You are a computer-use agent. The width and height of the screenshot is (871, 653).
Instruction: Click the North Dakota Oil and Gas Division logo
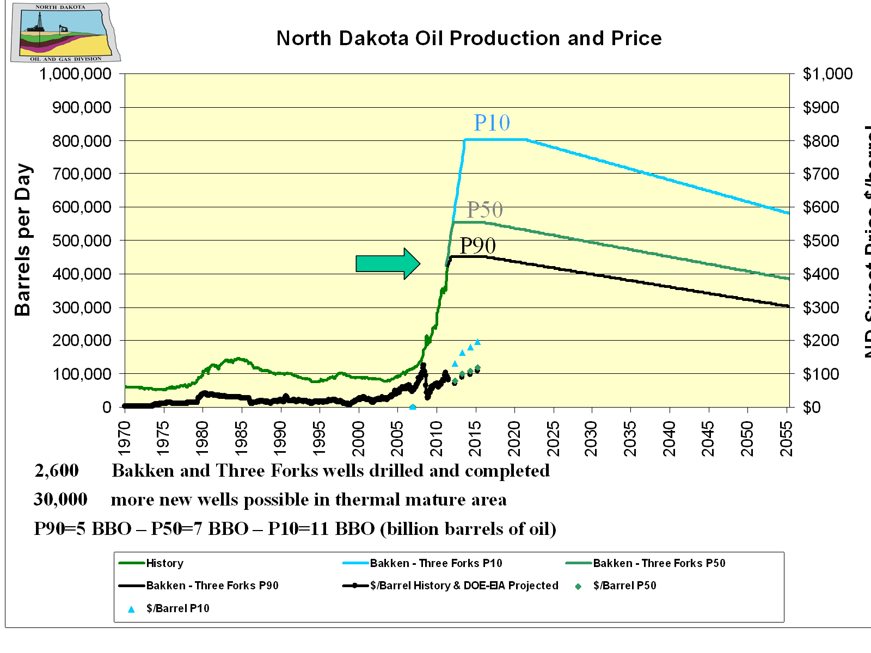pos(64,33)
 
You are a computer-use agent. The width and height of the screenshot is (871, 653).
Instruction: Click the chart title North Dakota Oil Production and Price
pos(469,38)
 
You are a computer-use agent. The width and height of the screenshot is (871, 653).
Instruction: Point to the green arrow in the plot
pos(388,263)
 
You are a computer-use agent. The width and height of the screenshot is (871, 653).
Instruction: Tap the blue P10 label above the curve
pos(492,123)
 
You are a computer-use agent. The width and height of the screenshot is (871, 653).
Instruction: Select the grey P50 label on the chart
pos(484,210)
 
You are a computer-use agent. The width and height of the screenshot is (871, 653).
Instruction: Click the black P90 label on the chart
pos(477,245)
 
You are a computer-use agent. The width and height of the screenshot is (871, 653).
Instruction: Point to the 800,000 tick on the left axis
pos(82,141)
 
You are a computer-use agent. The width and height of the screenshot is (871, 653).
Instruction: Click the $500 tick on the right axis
pos(821,241)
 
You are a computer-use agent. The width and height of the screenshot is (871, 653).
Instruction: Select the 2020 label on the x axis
pos(514,439)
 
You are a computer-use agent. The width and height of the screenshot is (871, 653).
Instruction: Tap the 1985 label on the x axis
pos(241,439)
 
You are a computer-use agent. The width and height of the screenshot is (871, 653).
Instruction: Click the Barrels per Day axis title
pos(23,239)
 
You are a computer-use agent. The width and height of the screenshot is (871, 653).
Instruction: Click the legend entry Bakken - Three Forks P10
pos(436,563)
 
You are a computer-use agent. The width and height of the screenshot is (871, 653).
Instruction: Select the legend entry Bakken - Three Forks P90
pos(212,586)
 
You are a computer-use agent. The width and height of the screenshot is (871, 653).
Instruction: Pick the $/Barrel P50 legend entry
pos(624,586)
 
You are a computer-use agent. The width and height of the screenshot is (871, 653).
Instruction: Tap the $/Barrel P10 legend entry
pos(177,608)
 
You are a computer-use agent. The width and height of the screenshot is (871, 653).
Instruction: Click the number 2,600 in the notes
pos(57,471)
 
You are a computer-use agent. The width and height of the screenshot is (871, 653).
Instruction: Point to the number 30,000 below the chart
pos(60,500)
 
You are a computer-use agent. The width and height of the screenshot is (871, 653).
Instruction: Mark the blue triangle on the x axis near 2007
pos(413,407)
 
